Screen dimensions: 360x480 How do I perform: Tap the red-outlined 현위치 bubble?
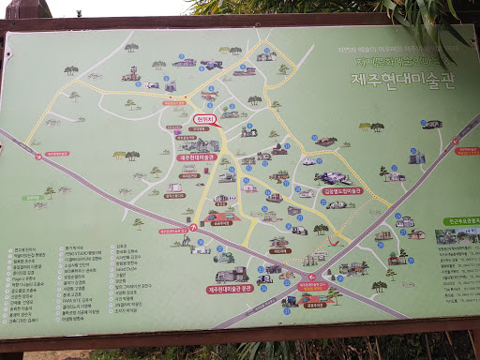click(205, 120)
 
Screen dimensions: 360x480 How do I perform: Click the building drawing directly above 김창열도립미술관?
click(333, 177)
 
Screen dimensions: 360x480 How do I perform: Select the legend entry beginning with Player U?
click(27, 278)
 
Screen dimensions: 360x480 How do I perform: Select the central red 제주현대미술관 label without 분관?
click(197, 157)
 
